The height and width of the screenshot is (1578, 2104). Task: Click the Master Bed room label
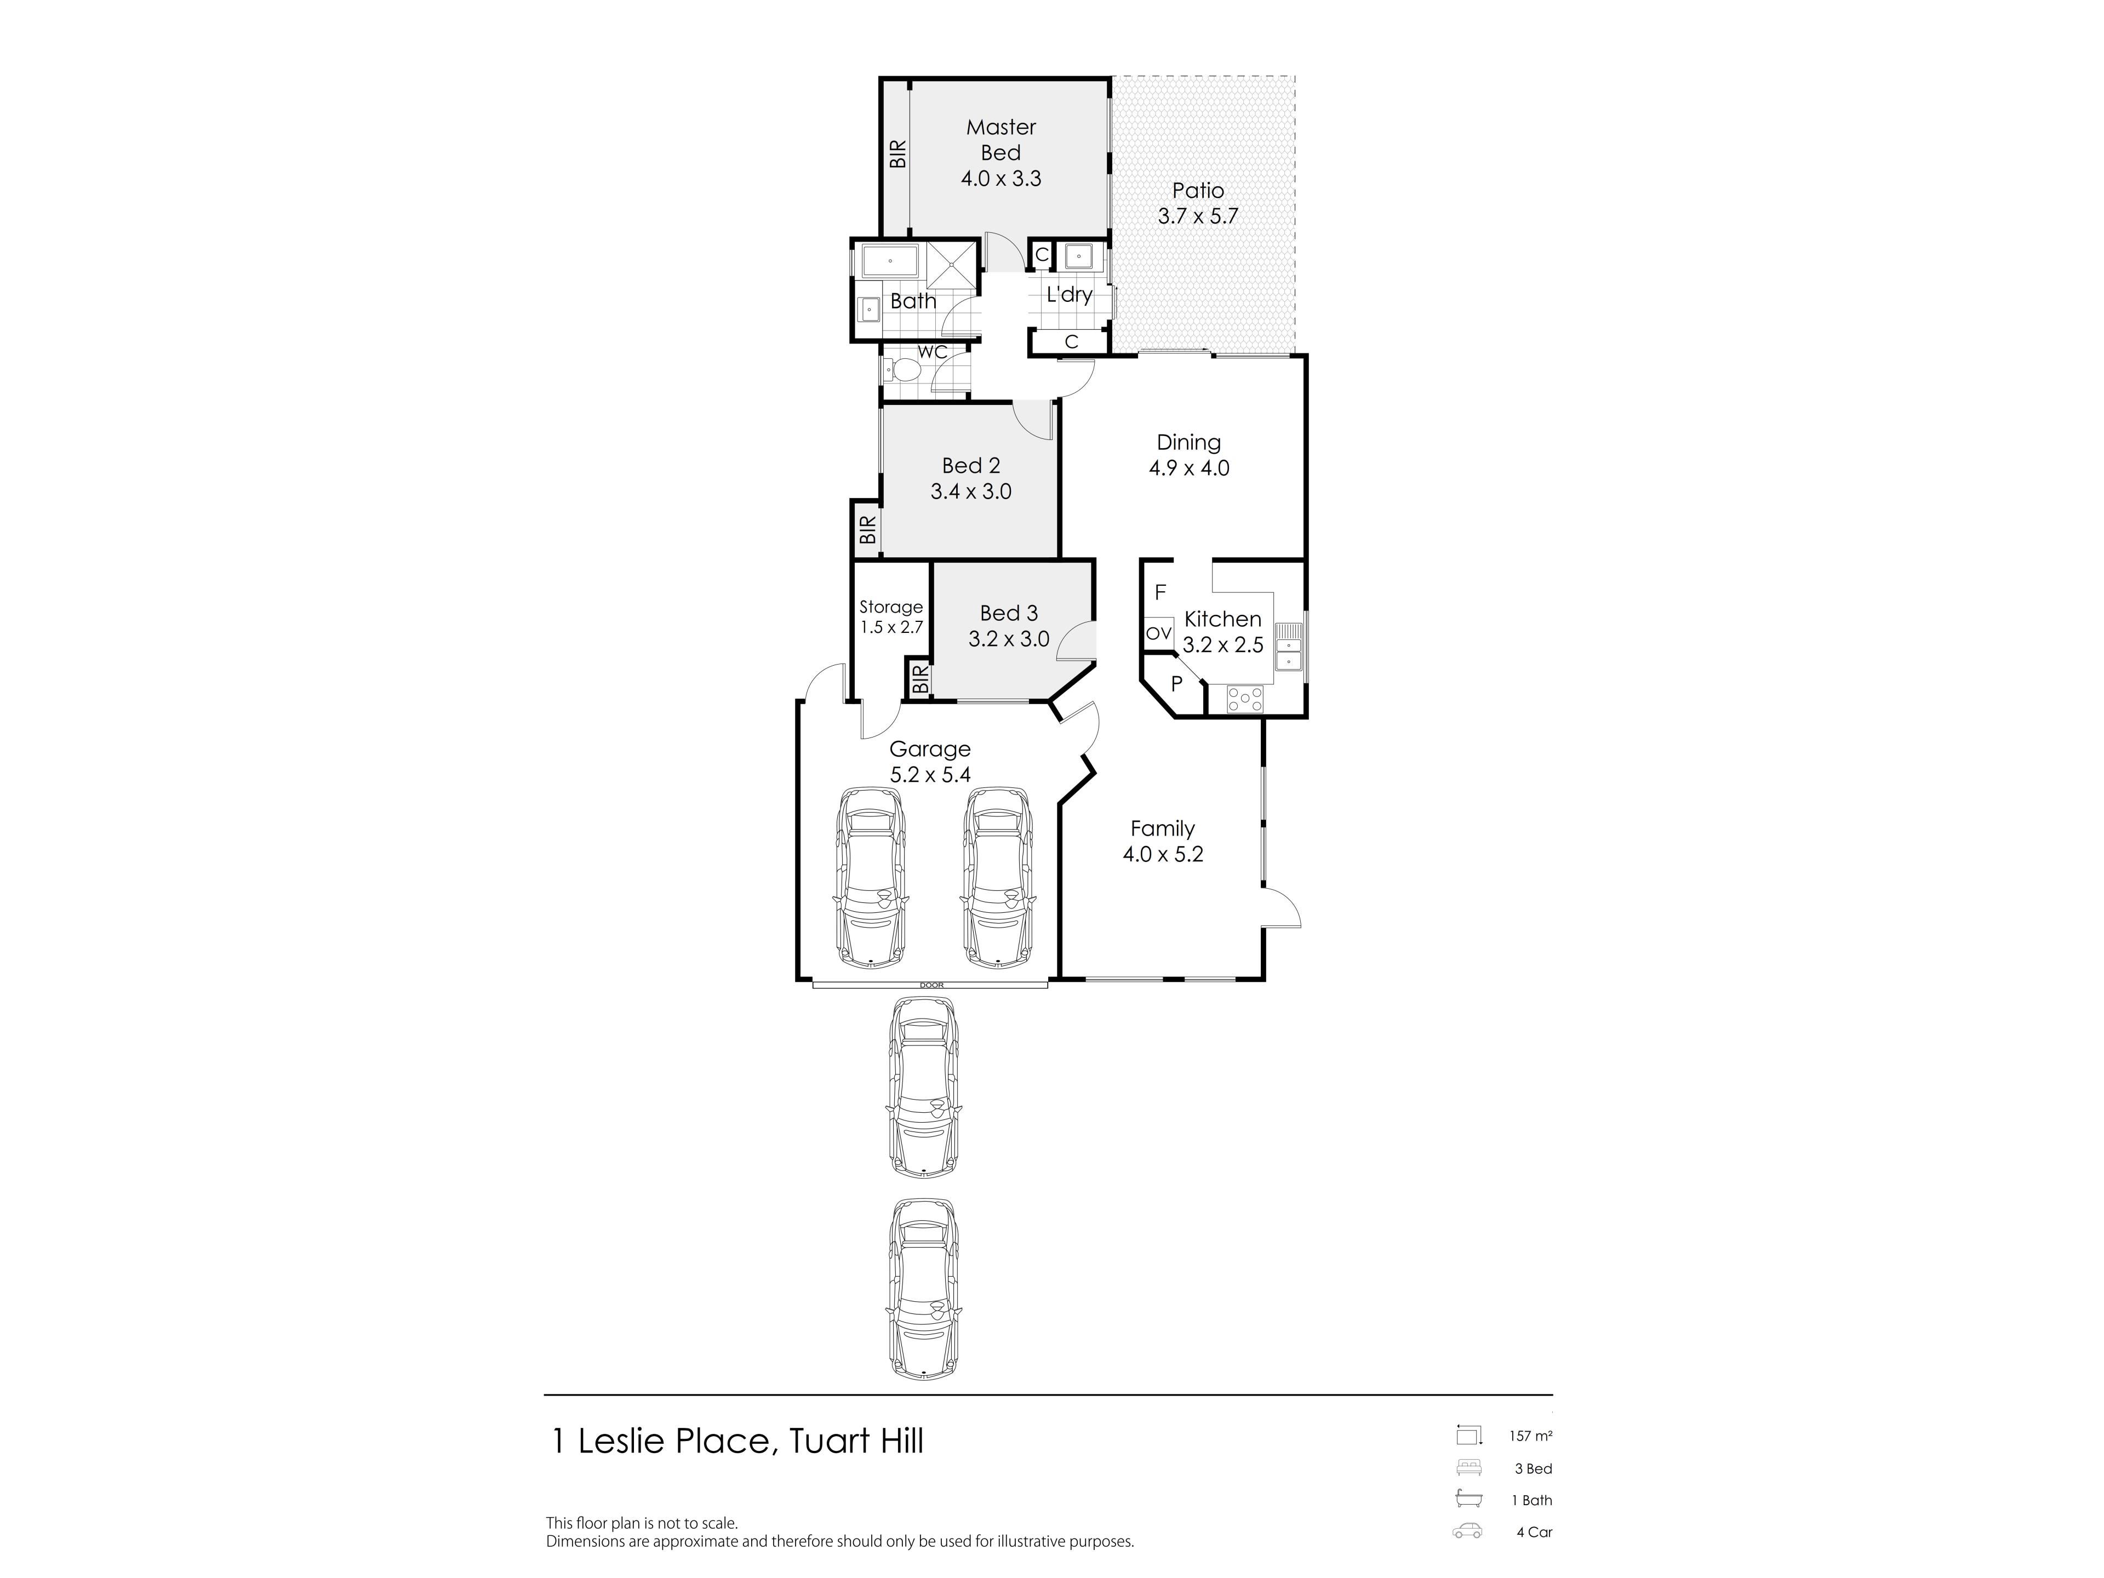coord(1000,140)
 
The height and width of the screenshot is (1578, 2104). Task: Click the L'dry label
coord(1069,295)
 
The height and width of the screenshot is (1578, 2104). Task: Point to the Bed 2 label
coord(971,466)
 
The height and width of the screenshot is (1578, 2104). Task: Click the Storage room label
coord(891,607)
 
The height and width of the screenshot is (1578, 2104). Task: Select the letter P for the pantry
coord(1176,683)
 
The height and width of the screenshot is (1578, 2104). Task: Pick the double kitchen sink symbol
coord(1288,647)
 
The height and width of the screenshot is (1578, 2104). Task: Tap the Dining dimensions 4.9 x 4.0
coord(1189,468)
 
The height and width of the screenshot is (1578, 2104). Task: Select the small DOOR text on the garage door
coord(932,985)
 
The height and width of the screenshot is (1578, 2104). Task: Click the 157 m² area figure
coord(1530,1436)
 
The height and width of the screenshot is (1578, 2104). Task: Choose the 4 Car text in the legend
coord(1534,1533)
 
